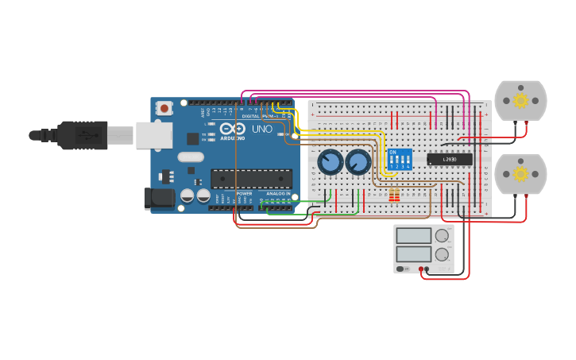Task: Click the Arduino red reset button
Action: point(164,107)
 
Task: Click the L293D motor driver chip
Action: point(450,159)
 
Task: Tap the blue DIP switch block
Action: point(400,159)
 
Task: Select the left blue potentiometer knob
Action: point(331,163)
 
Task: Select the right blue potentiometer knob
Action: point(358,163)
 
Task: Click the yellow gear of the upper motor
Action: point(520,100)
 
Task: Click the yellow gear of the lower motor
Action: point(520,173)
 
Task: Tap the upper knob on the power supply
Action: point(442,236)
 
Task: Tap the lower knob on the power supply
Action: point(442,254)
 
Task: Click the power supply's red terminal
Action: point(421,269)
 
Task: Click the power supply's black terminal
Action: point(427,269)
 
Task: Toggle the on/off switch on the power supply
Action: point(400,269)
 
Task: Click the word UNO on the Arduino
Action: point(261,129)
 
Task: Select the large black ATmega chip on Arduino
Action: point(251,179)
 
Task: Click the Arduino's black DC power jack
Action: point(158,199)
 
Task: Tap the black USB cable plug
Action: point(83,135)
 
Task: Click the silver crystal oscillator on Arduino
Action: point(191,157)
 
